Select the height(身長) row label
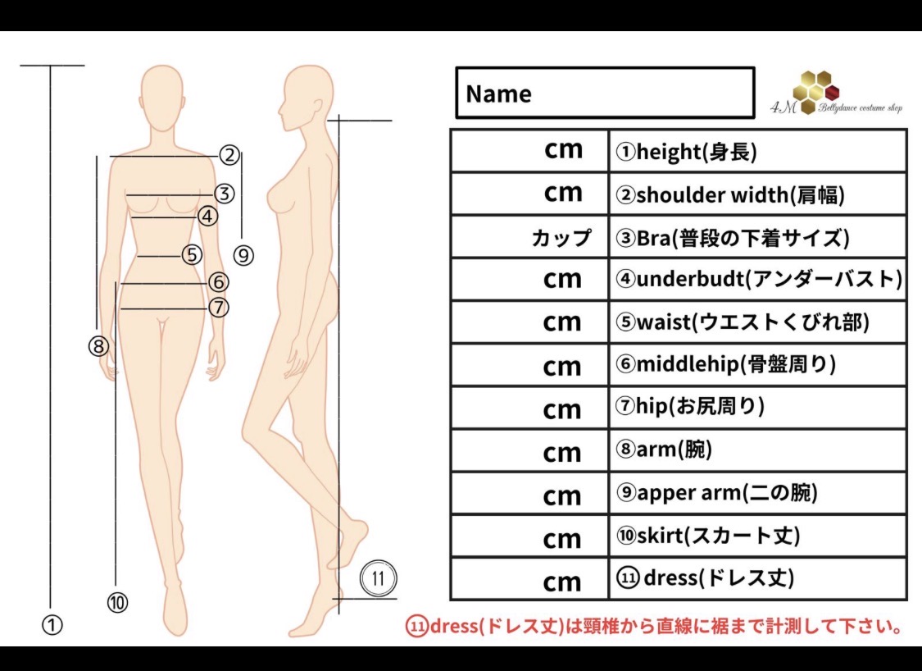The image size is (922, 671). pos(686,151)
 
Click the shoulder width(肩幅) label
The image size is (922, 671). pos(729,194)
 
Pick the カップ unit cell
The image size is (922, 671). pos(561,238)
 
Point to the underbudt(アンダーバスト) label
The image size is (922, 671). pos(758,280)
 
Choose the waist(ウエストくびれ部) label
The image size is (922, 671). pos(742,322)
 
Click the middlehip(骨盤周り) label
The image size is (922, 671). pos(725,365)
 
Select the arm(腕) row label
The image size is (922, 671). pos(664,450)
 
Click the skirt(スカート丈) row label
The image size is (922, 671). pos(707,536)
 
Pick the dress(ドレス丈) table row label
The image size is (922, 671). pos(705,578)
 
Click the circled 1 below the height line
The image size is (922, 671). pos(52,624)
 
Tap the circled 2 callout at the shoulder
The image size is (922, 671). pos(229,154)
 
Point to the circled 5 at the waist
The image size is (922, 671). pos(192,255)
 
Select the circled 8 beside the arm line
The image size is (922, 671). pos(98,346)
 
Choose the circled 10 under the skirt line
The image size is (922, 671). pos(117,603)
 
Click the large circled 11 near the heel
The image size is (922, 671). pos(378,578)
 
